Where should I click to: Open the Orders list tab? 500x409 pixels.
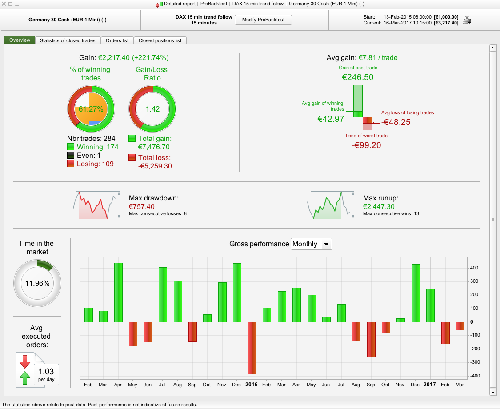tap(117, 40)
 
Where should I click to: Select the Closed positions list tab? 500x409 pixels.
tap(160, 40)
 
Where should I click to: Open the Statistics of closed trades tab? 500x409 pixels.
tap(68, 40)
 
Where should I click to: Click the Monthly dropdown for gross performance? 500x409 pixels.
tap(311, 244)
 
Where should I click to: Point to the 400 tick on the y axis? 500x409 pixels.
tap(475, 268)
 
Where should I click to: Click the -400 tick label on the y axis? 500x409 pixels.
tap(474, 376)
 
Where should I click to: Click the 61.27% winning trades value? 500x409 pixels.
tap(91, 109)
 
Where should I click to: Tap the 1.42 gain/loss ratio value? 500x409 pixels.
tap(152, 109)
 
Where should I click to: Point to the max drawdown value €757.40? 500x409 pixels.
tap(142, 207)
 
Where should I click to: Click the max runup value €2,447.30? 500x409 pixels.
tap(379, 207)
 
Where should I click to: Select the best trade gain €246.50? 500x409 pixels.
tap(357, 77)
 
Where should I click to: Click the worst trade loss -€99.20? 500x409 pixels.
tap(367, 145)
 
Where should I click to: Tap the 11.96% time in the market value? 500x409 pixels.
tap(37, 283)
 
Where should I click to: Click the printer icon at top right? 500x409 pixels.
tap(466, 20)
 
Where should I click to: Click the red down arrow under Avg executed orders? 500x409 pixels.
tap(25, 361)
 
